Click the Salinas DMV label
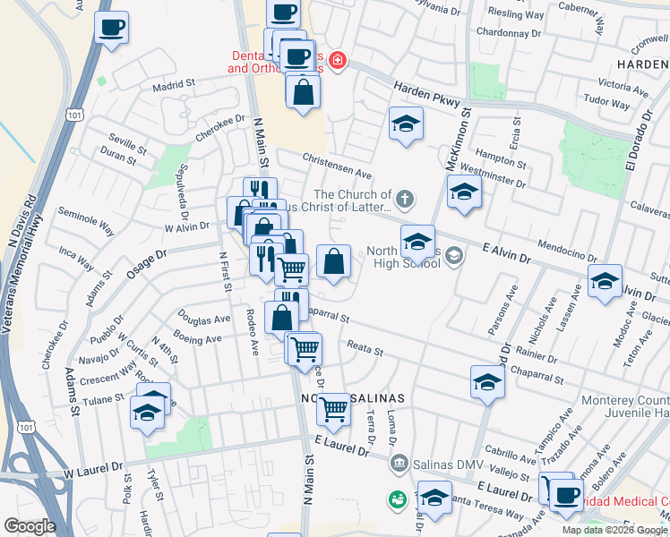click(439, 464)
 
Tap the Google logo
click(30, 526)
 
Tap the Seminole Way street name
click(85, 222)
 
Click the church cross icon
click(405, 198)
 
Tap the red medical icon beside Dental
click(338, 61)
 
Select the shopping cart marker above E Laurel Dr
click(333, 409)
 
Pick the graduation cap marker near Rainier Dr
click(486, 382)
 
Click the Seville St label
click(127, 143)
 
